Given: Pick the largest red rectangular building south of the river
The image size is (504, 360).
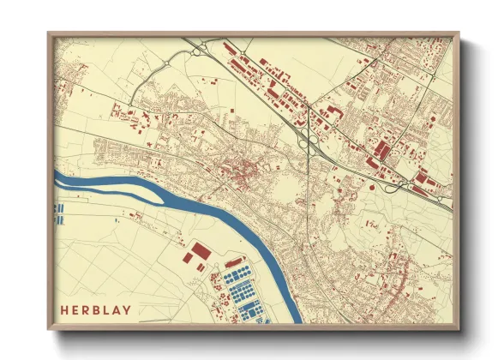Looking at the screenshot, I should pyautogui.click(x=200, y=251).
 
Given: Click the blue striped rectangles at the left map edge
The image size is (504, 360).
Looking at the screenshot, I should pyautogui.click(x=58, y=213).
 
